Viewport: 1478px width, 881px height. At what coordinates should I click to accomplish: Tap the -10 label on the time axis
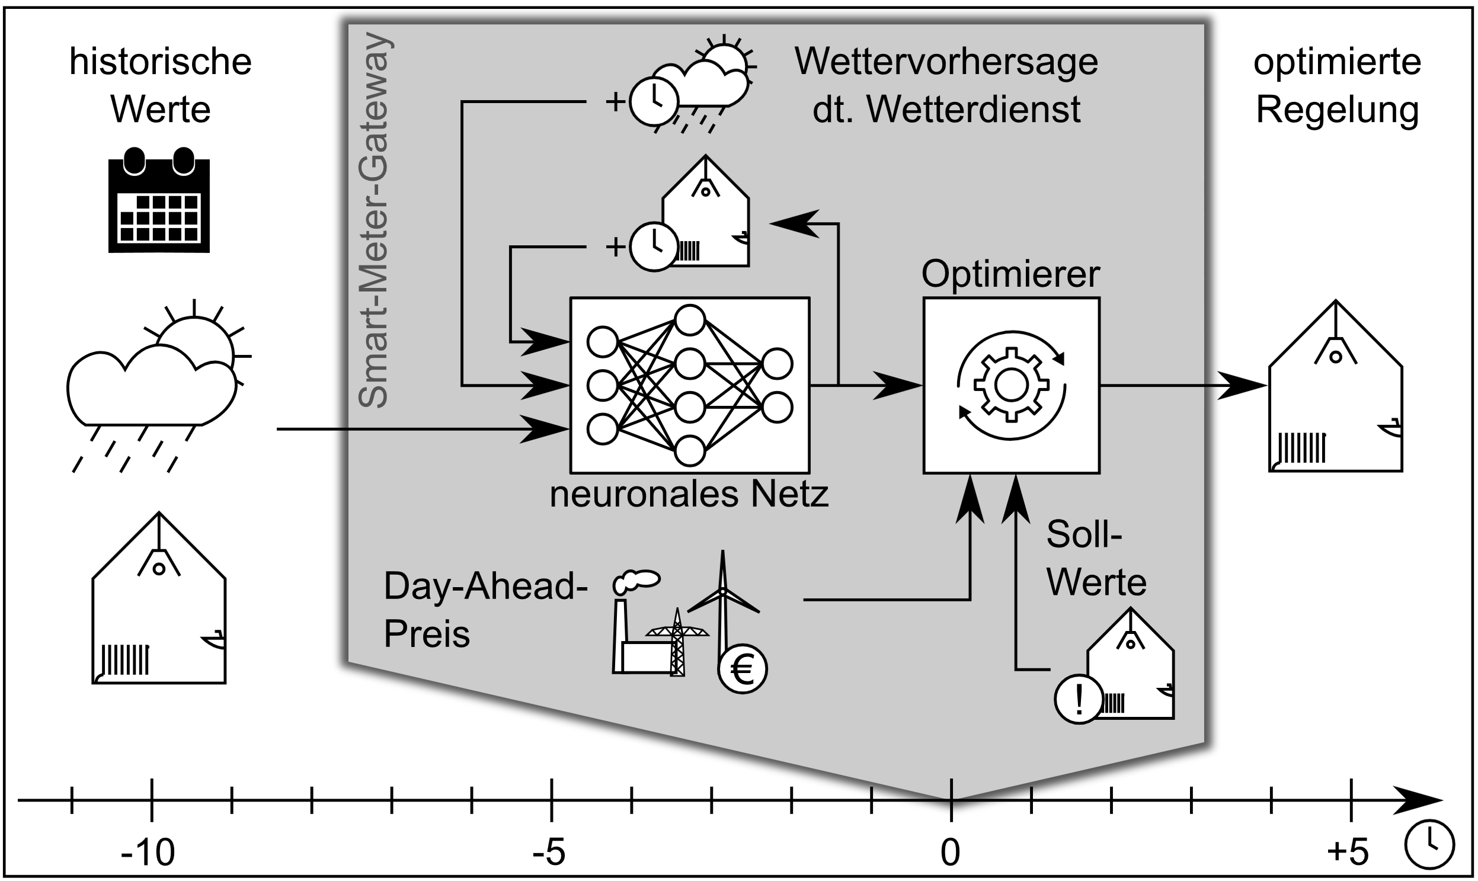pos(148,853)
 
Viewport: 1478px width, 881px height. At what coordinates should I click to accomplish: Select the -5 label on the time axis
pos(549,853)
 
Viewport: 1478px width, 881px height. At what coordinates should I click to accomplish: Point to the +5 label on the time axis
pos(1348,853)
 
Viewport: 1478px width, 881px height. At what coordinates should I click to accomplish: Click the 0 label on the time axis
pos(950,853)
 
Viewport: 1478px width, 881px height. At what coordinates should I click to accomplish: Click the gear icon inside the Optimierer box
pos(1010,385)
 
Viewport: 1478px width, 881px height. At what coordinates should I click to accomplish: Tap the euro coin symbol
pos(743,669)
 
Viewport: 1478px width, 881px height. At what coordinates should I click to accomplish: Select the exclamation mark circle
pos(1079,699)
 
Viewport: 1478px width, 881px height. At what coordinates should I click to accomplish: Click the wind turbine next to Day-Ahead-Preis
pos(722,600)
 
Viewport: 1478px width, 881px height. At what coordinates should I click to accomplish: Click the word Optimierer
pos(1010,274)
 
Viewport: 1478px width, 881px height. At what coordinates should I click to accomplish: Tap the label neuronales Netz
pos(689,494)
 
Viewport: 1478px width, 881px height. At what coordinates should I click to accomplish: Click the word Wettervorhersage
pos(946,62)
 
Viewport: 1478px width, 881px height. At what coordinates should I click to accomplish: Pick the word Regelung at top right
pos(1338,110)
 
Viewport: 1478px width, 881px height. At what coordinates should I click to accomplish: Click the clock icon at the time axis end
pos(1430,844)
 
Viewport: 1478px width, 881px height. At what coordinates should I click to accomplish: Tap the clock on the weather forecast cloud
pos(653,101)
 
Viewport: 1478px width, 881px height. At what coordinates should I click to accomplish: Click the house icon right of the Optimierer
pos(1335,392)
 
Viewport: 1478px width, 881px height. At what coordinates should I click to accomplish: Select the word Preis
pos(426,634)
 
